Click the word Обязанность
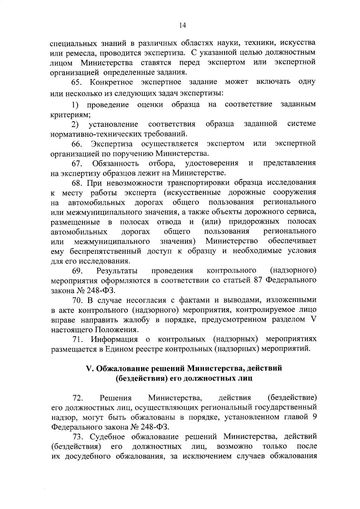tap(115, 163)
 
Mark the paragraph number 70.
tap(77, 300)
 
